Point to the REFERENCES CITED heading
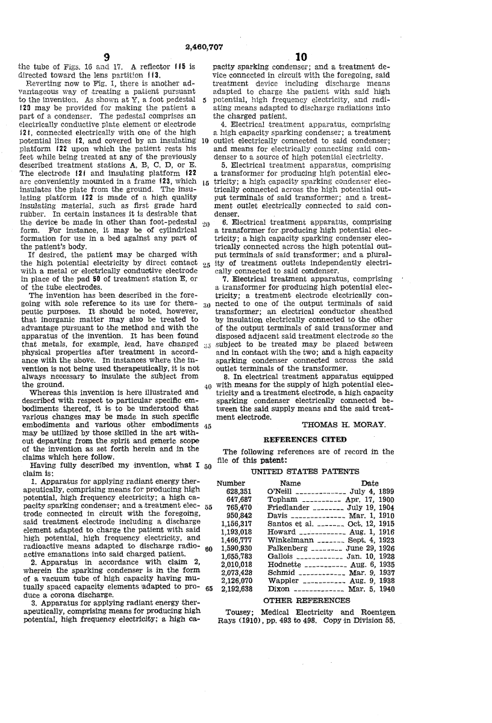pyautogui.click(x=305, y=439)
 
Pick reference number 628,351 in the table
pyautogui.click(x=233, y=492)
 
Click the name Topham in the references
pyautogui.click(x=279, y=500)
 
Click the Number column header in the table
pyautogui.click(x=231, y=483)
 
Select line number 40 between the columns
pyautogui.click(x=208, y=386)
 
